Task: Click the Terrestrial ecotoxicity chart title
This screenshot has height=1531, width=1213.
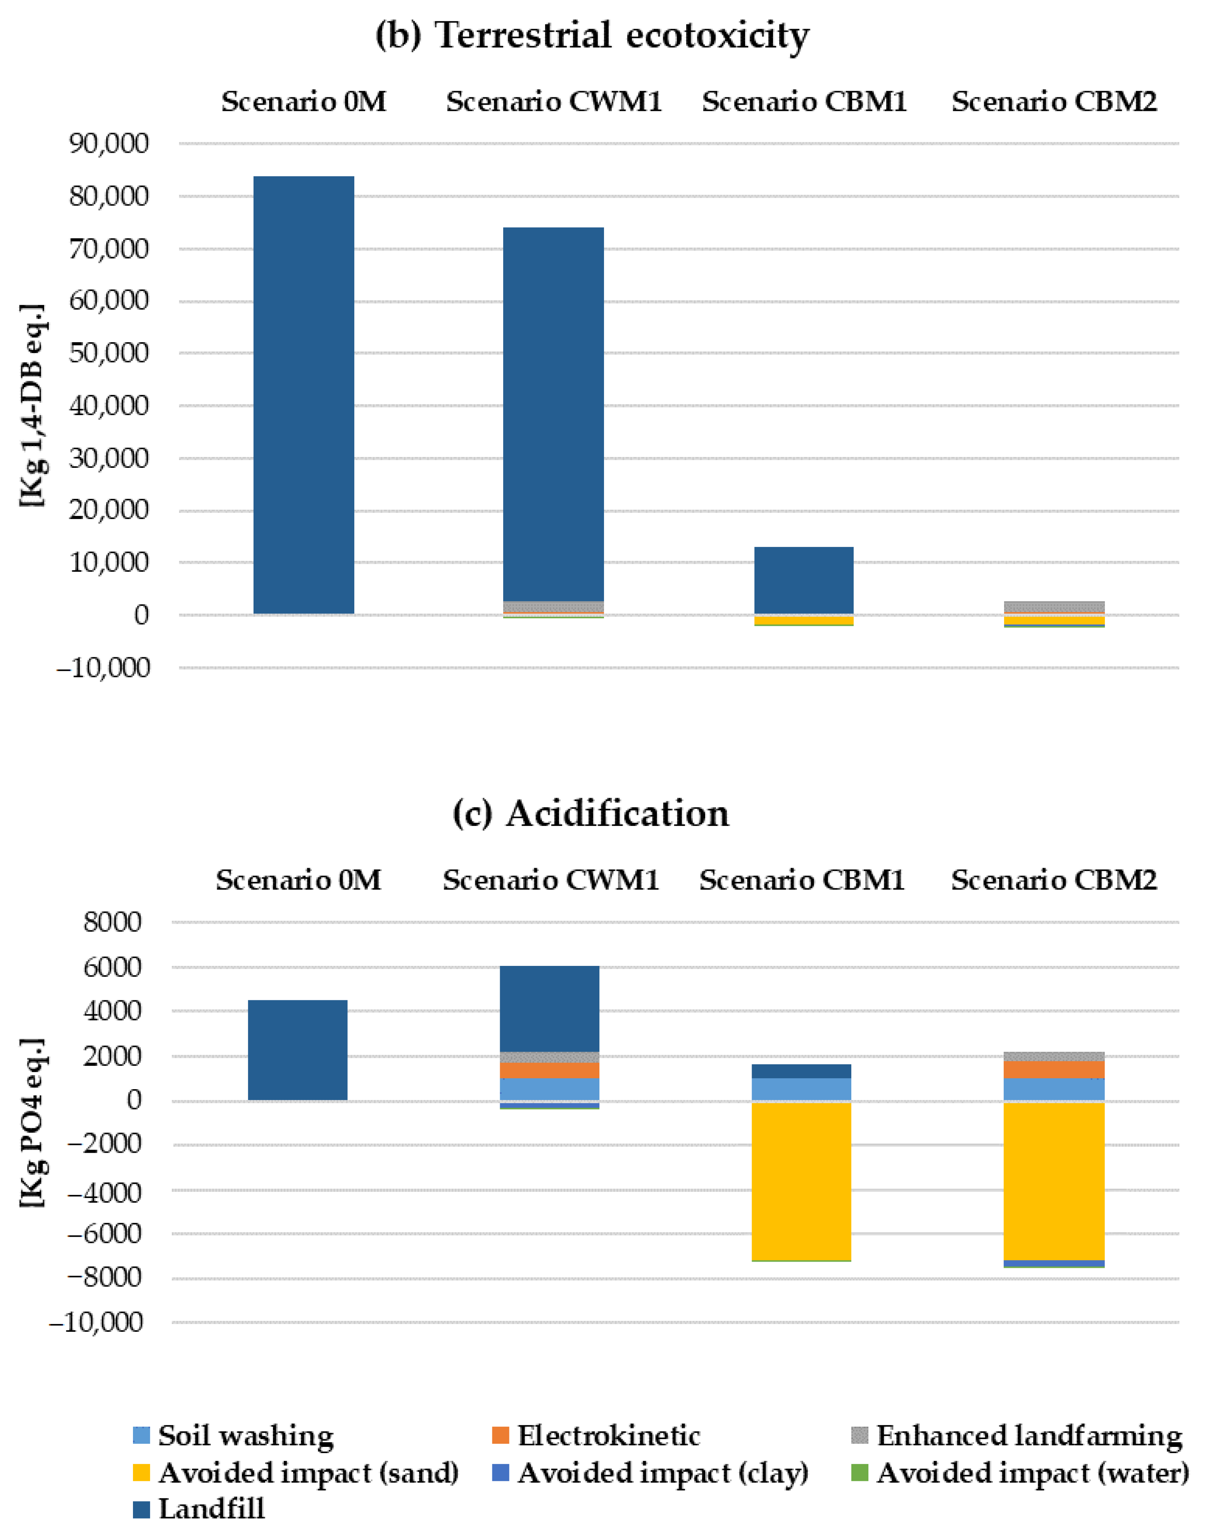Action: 592,36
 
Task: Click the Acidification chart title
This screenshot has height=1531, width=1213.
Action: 592,814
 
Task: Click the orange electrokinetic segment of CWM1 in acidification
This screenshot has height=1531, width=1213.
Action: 550,1070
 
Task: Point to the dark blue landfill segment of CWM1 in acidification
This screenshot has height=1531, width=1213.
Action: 550,1009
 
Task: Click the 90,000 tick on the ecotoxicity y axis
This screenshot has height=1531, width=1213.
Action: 109,144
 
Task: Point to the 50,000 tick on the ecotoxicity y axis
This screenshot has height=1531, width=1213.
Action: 109,353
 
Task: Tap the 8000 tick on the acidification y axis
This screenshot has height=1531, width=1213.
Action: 112,923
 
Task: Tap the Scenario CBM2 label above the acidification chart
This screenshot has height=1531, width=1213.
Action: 1054,881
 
